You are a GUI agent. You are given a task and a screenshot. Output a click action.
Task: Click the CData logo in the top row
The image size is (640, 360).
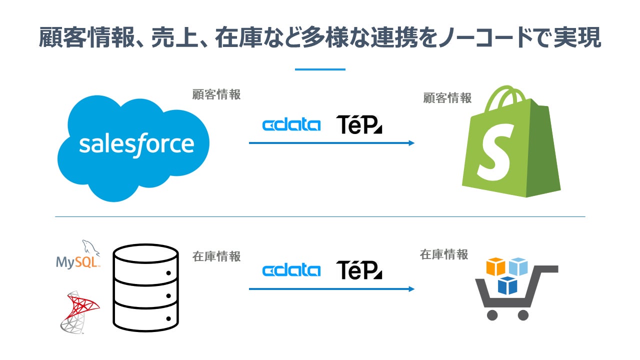(x=291, y=124)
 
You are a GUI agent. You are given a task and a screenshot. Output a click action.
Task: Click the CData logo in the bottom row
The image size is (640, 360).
(x=291, y=270)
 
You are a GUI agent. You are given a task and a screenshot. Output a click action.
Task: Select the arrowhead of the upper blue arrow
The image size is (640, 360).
(x=411, y=143)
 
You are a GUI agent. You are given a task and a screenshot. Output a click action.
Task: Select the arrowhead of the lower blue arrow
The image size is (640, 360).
(x=411, y=289)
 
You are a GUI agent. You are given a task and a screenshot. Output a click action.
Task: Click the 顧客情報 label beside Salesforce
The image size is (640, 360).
(x=216, y=94)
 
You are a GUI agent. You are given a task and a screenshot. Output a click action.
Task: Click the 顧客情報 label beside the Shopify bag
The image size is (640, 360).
(x=447, y=98)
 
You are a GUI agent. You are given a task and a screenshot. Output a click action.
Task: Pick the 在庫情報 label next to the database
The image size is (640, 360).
(x=216, y=256)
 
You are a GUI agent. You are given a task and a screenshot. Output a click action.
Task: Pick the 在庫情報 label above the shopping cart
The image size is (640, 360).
(x=444, y=254)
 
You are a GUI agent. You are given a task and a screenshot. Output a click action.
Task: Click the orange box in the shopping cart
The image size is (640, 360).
(x=496, y=266)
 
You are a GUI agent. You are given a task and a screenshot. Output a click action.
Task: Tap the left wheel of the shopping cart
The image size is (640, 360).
(x=492, y=315)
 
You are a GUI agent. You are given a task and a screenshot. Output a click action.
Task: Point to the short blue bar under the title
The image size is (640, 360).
(x=320, y=69)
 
